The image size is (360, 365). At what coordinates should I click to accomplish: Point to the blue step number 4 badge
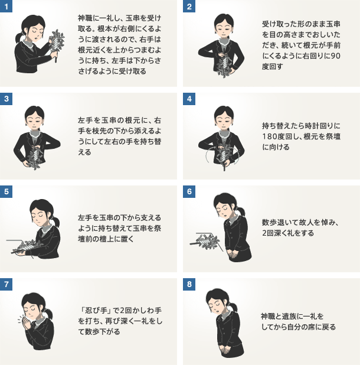click(189, 99)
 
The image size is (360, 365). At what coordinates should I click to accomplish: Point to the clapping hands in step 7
click(24, 321)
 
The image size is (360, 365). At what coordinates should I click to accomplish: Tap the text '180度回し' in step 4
click(281, 136)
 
